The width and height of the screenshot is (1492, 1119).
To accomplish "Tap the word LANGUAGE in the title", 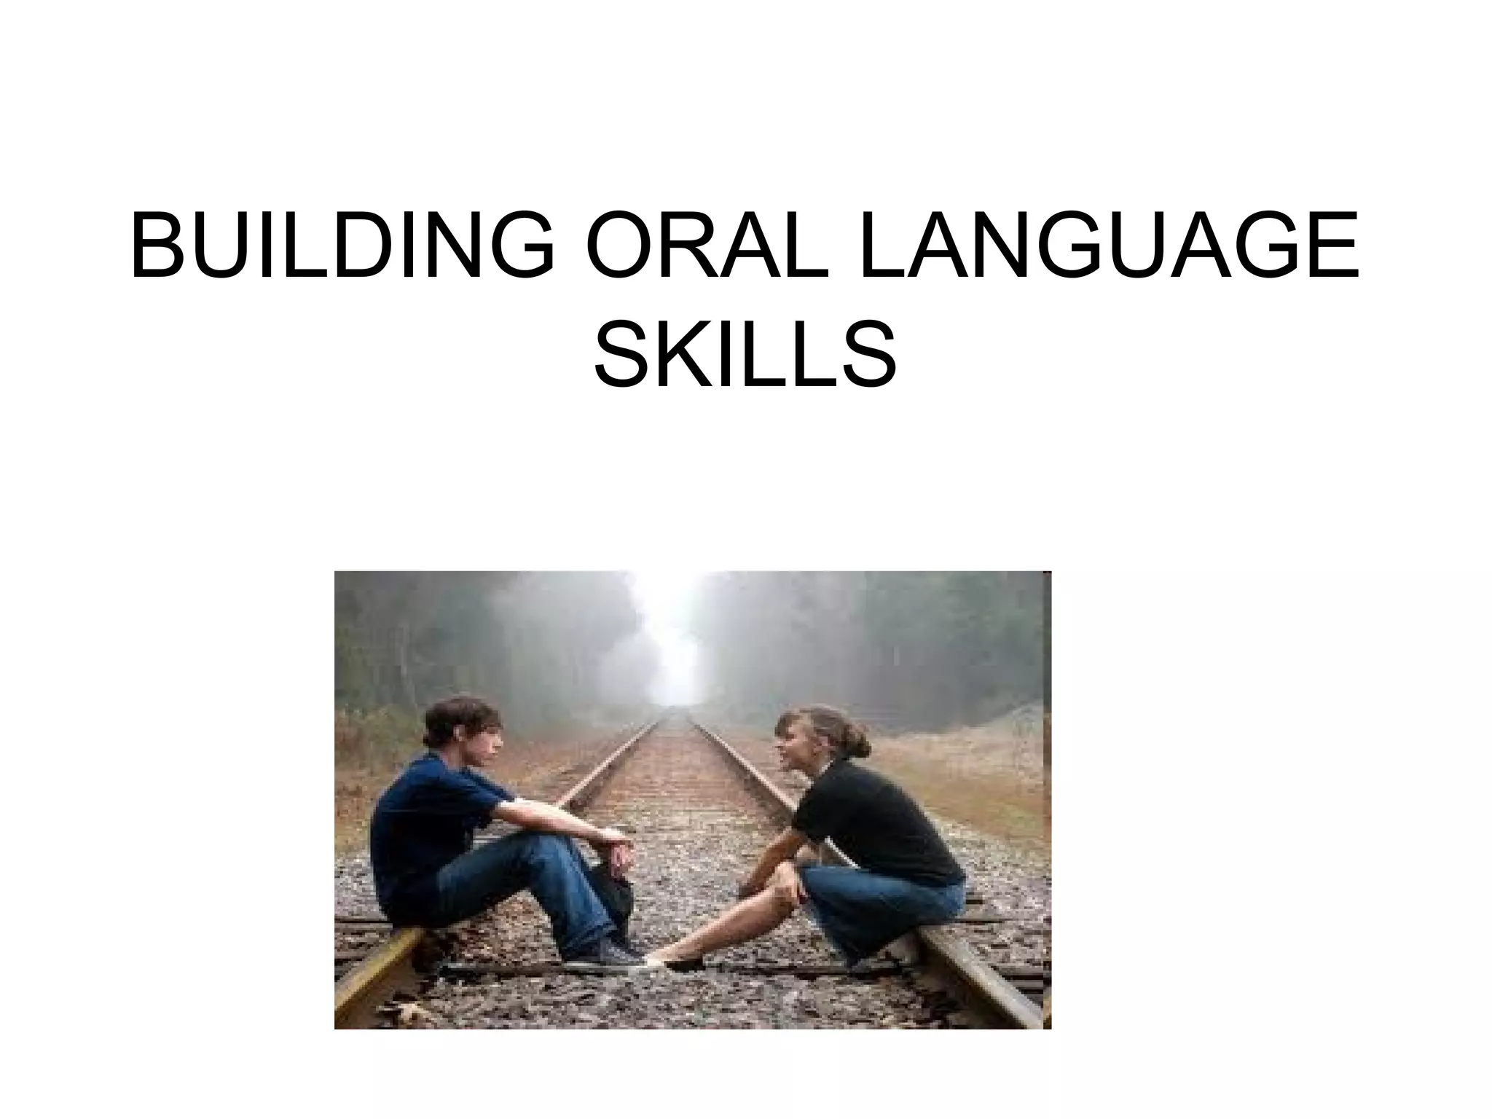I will [1108, 244].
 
